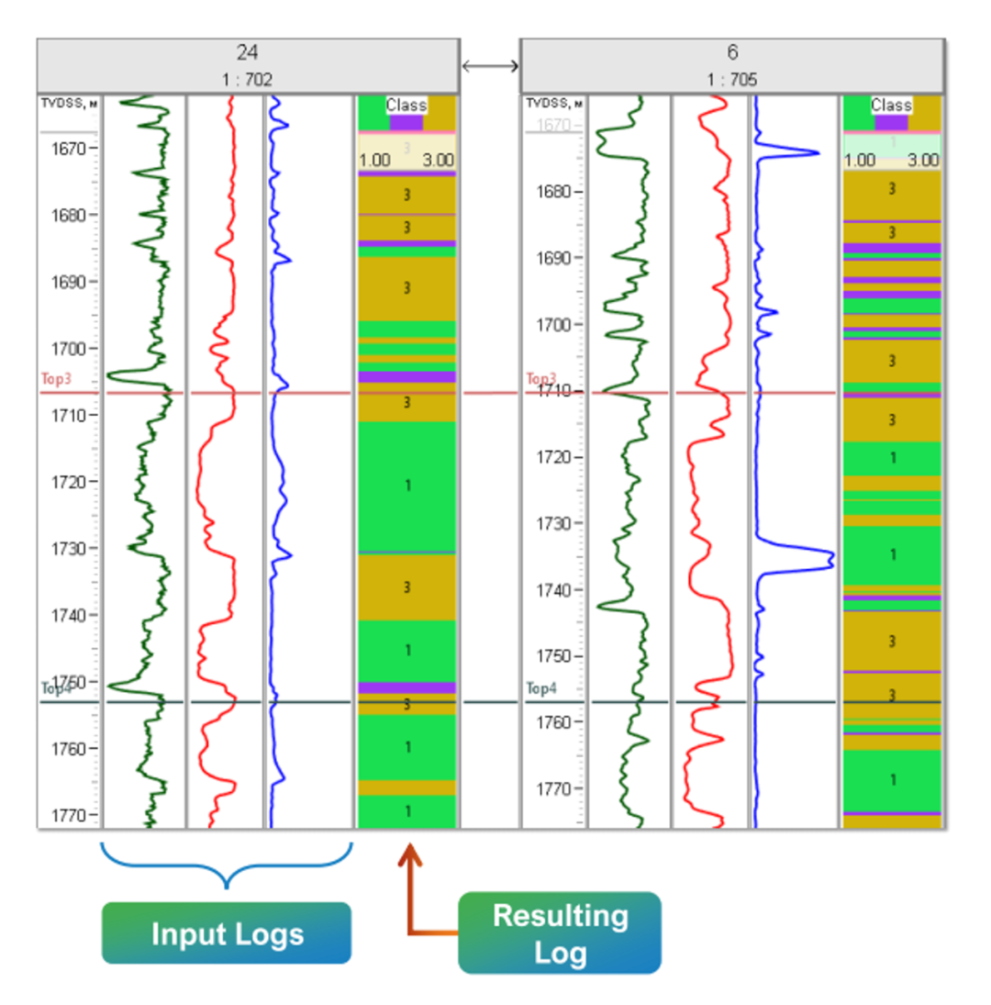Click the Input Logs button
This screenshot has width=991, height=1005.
(227, 933)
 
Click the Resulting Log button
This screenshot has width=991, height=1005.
(560, 932)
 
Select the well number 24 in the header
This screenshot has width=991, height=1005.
(247, 53)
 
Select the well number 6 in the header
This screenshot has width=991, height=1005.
(732, 53)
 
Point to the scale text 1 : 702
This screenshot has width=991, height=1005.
(247, 80)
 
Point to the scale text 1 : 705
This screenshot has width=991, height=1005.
(732, 80)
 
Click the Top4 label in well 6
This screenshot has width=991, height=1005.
(541, 687)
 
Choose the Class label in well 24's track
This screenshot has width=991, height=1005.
(406, 106)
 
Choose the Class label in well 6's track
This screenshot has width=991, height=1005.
(891, 106)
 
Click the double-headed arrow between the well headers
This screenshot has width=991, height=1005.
(490, 65)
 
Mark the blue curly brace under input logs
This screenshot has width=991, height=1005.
(227, 865)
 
